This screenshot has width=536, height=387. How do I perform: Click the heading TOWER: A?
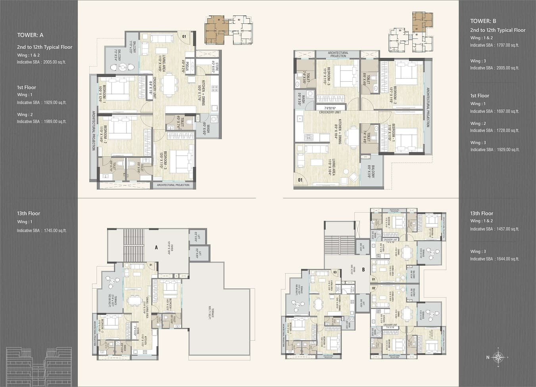click(30, 35)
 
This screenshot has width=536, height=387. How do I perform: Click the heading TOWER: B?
click(483, 21)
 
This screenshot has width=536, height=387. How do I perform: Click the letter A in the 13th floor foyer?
click(156, 247)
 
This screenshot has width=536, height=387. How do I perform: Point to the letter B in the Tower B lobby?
click(363, 270)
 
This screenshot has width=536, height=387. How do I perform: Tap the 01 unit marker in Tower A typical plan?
click(184, 36)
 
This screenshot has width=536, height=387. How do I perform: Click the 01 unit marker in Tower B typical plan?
click(300, 180)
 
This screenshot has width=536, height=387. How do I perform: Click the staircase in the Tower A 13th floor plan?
click(134, 245)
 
